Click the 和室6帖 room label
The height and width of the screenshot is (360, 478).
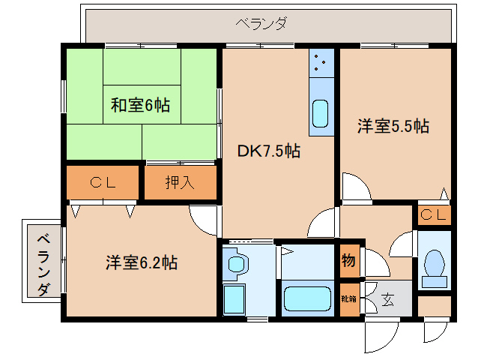[x=140, y=105]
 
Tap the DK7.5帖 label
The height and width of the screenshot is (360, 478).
[x=269, y=151]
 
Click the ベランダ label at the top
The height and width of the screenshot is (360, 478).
[x=261, y=23]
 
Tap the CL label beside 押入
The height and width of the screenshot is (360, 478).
[x=103, y=181]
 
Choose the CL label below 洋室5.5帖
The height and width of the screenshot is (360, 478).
[x=433, y=215]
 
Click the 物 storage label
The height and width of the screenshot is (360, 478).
[x=349, y=261]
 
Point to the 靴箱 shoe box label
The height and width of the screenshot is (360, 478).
[x=349, y=298]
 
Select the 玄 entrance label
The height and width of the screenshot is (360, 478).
[x=387, y=299]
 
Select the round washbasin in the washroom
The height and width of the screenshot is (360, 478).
[x=238, y=264]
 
